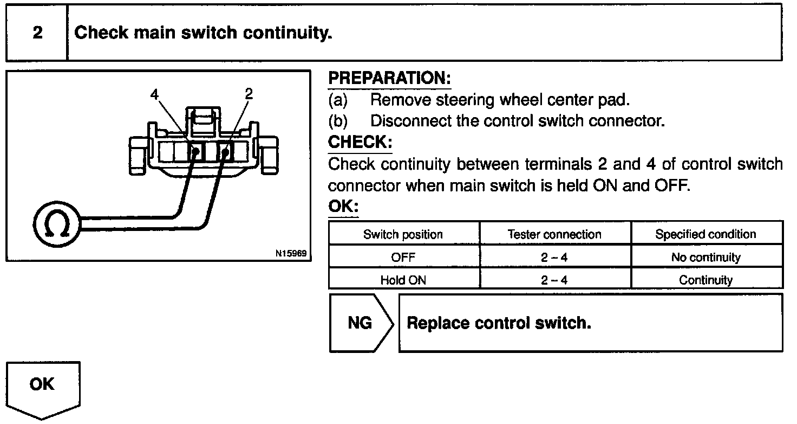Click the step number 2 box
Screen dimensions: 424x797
click(37, 33)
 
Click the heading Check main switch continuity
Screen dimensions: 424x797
click(203, 33)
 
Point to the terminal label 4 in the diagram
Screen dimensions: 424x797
click(155, 94)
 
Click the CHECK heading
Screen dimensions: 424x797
click(360, 143)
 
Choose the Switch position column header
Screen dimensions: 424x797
click(403, 234)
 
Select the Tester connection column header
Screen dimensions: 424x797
click(554, 234)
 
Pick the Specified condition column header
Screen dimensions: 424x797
click(705, 234)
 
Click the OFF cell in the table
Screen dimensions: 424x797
click(403, 258)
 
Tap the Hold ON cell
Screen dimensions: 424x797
click(403, 280)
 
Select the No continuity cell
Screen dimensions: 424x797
click(705, 258)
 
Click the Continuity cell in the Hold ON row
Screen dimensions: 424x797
click(705, 280)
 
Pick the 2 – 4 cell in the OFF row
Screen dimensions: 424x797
click(554, 258)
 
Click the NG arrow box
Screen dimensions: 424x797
click(360, 323)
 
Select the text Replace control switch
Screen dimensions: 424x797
click(499, 323)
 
